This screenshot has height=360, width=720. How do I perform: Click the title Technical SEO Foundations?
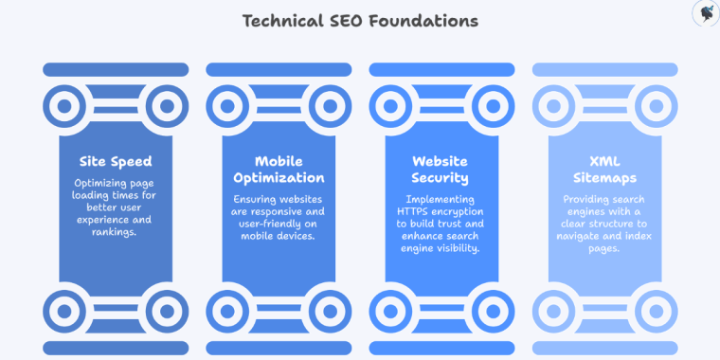359,20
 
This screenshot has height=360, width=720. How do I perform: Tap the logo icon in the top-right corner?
705,13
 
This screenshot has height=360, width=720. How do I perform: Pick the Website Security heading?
441,170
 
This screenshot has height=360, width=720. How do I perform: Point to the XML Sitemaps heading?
603,170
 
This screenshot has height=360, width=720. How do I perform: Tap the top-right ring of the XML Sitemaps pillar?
656,106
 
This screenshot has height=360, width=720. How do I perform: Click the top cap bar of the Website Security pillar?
441,69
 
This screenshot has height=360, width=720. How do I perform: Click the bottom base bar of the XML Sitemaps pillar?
604,348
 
